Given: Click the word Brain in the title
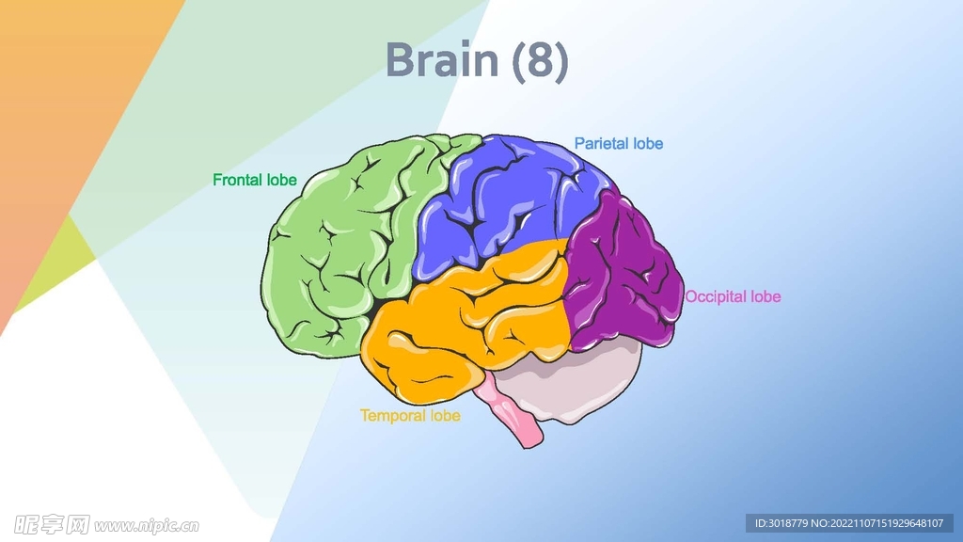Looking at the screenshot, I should [441, 60].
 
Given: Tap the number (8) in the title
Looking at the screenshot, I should [540, 60].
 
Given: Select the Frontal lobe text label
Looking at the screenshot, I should [254, 179].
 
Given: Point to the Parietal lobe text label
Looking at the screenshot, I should [618, 144].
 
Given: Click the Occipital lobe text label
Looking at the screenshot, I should [733, 296].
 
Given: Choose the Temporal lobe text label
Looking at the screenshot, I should [410, 415].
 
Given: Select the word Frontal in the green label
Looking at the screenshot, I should [238, 179].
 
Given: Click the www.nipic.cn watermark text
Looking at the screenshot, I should [147, 525].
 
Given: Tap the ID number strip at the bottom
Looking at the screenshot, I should [849, 523].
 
